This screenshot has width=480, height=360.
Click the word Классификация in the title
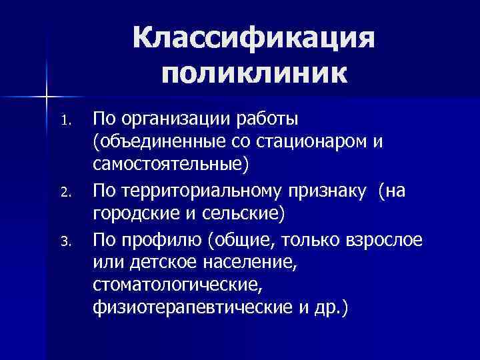pos(254,39)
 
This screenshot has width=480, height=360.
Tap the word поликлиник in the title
pos(254,71)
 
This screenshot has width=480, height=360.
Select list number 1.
pos(64,122)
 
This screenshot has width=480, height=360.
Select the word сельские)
pos(246,214)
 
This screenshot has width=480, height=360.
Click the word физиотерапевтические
pos(190,309)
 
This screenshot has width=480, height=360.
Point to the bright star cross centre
pos(47,98)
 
